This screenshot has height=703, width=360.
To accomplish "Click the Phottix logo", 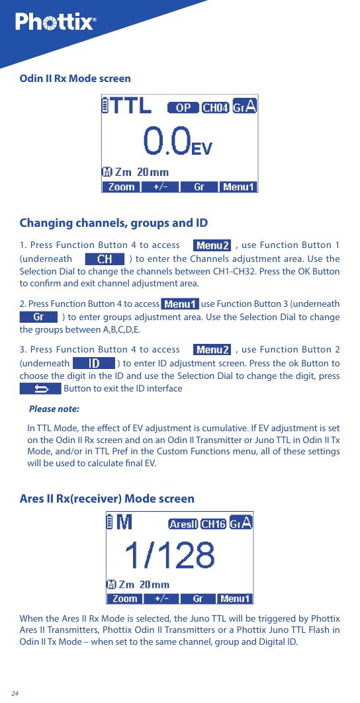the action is (x=56, y=22).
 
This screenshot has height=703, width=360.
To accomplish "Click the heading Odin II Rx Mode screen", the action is (x=75, y=79).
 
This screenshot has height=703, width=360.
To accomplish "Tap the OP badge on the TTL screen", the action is (x=183, y=108).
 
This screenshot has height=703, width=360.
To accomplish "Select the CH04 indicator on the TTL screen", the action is (x=215, y=108).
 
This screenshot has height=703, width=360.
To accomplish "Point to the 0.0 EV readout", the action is (x=177, y=142).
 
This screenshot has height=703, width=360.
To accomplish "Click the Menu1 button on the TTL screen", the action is (x=238, y=187).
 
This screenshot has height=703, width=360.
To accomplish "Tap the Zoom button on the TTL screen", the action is (x=121, y=187).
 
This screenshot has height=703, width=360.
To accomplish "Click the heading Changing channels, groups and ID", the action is (x=113, y=223).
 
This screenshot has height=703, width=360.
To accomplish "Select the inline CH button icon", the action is (x=105, y=259).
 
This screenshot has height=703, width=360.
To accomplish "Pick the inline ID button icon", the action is (x=93, y=363).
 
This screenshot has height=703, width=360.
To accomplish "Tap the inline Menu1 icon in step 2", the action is (x=180, y=304).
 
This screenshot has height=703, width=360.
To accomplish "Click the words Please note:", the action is (x=54, y=409).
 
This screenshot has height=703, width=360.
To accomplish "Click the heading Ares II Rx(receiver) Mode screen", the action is (x=107, y=499).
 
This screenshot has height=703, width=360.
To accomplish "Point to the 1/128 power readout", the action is (x=170, y=556).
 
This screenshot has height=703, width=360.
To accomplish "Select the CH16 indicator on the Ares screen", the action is (x=214, y=524).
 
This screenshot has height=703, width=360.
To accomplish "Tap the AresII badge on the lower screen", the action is (x=183, y=524).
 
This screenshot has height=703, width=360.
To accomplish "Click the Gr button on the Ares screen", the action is (x=198, y=599).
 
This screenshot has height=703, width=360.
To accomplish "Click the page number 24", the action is (x=15, y=693).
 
